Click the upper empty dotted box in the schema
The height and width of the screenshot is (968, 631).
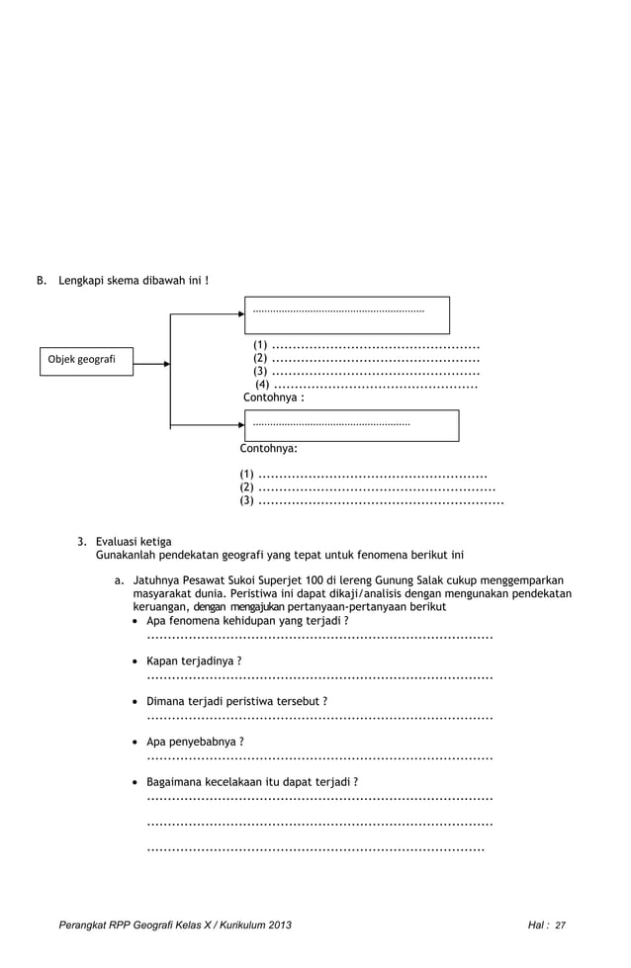347,315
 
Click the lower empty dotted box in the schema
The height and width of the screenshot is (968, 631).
352,425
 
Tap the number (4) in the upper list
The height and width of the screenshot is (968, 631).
263,385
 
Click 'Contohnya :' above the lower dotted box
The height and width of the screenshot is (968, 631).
274,397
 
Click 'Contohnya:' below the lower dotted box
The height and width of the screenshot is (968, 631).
269,448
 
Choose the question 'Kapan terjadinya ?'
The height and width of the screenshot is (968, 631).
194,660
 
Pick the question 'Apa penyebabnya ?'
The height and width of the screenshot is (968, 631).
195,741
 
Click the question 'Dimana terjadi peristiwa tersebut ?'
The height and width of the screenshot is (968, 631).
236,700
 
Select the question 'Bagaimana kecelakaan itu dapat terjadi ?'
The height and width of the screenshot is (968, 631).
252,781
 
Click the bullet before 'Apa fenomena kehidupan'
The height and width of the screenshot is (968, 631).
136,620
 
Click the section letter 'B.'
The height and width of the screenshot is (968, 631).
43,281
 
